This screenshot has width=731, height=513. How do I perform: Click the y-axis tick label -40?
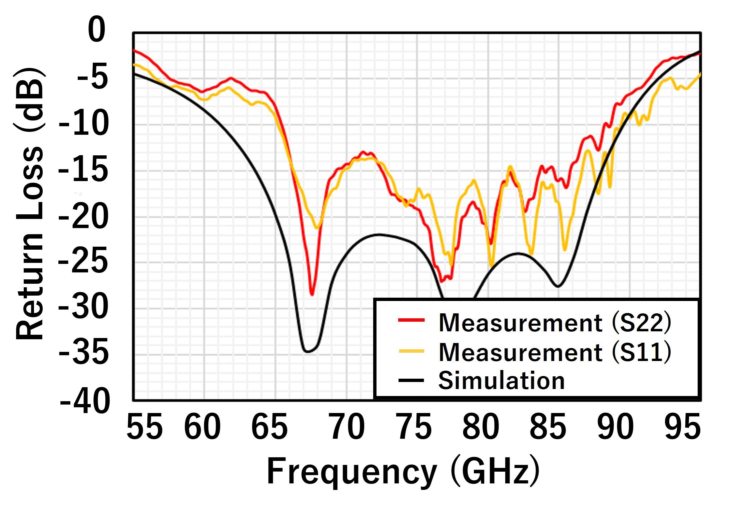coord(85,402)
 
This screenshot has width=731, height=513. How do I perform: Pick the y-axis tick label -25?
coord(83,262)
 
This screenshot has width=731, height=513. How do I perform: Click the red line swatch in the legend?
coord(411,320)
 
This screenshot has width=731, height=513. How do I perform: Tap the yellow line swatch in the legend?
coord(411,351)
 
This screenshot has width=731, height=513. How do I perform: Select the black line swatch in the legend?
coord(411,380)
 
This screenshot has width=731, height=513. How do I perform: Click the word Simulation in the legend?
coord(501,380)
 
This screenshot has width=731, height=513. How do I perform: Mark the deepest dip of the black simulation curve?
coord(307,352)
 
